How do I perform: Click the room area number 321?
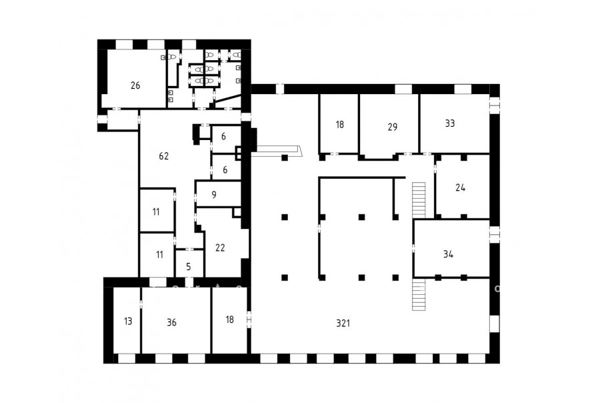point(343,324)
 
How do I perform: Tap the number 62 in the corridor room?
point(164,156)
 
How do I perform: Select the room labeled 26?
point(135,85)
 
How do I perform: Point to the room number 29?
point(393,127)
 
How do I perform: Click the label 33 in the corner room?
point(450,123)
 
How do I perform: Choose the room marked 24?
point(460,187)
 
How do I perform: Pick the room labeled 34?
point(449,254)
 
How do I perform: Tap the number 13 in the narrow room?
point(128,321)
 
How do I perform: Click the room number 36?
point(172,322)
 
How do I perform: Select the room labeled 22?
point(220,248)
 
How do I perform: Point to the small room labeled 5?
point(189,267)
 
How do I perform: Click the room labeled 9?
point(214,195)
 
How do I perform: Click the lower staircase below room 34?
point(419,294)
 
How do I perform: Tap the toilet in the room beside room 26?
point(173,57)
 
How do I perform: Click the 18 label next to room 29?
point(340,125)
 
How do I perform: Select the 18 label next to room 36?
point(229,320)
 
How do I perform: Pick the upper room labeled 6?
point(224,136)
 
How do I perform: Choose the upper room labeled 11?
point(156,212)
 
